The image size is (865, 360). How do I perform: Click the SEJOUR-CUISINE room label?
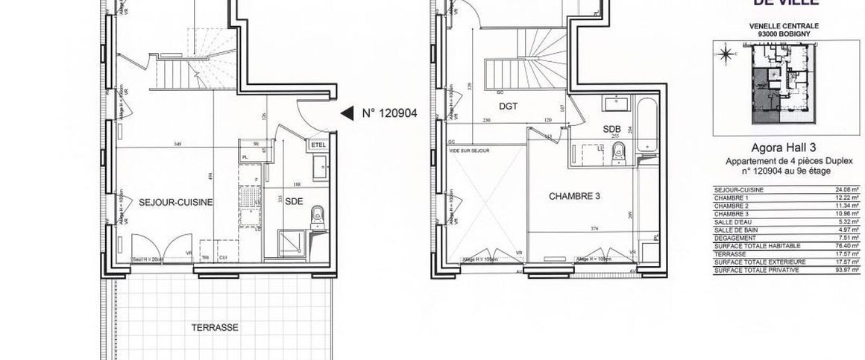(x=177, y=202)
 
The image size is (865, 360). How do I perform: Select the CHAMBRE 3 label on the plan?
(x=575, y=197)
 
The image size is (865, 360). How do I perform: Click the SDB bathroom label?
(x=612, y=128)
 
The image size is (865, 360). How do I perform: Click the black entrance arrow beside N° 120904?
(x=347, y=114)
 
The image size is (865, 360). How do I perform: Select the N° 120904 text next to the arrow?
(x=389, y=114)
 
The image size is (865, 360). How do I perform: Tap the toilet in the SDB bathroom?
(x=617, y=154)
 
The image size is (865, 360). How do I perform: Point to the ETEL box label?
(x=318, y=145)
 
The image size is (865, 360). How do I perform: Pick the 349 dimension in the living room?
(x=176, y=144)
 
